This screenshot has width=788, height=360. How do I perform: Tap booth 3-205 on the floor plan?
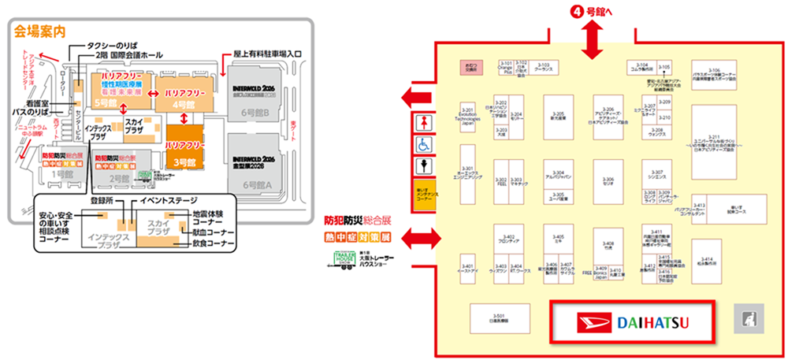coord(559,117)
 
